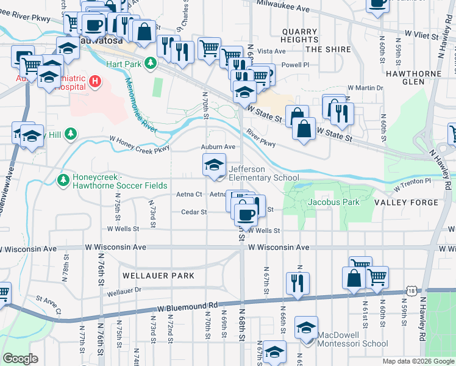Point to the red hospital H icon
pos(94,81)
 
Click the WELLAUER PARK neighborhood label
pos(158,276)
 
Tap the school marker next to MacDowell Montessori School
pos(306,328)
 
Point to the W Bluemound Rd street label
pos(188,307)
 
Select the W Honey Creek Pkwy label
pos(139,143)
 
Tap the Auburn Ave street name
pos(218,147)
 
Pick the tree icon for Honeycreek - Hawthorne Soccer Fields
pos(62,179)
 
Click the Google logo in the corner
pos(20,359)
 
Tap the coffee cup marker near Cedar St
pos(245,215)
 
